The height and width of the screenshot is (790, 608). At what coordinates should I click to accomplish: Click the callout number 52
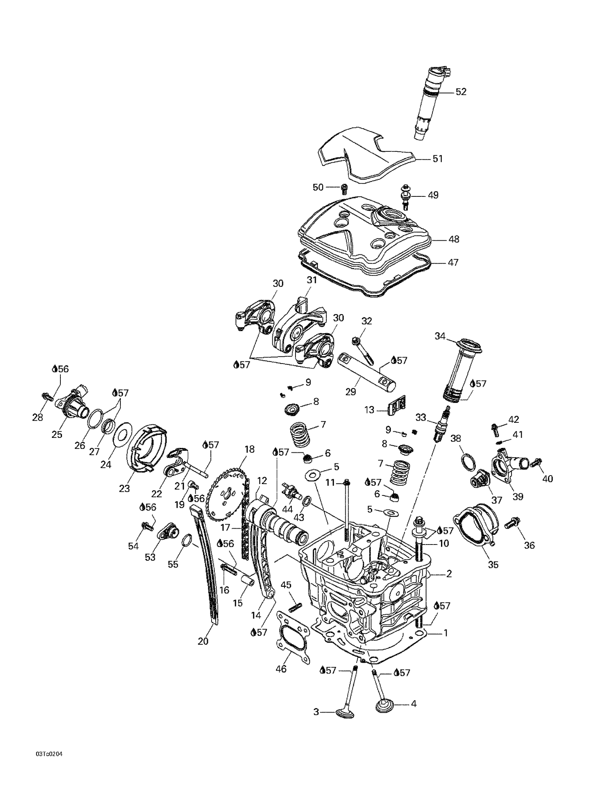(461, 92)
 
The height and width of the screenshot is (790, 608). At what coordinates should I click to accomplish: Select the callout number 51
(437, 159)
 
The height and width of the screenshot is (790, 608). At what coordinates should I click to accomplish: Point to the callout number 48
(454, 239)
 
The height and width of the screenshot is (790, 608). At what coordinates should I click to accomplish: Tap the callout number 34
(440, 336)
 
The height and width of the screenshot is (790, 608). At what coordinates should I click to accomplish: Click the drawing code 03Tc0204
(48, 754)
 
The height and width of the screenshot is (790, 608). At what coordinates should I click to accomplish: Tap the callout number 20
(203, 641)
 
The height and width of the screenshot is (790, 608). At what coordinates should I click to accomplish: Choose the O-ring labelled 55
(186, 541)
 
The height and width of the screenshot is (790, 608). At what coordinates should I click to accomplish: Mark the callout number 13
(369, 410)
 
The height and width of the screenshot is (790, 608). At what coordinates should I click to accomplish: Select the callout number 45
(286, 585)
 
